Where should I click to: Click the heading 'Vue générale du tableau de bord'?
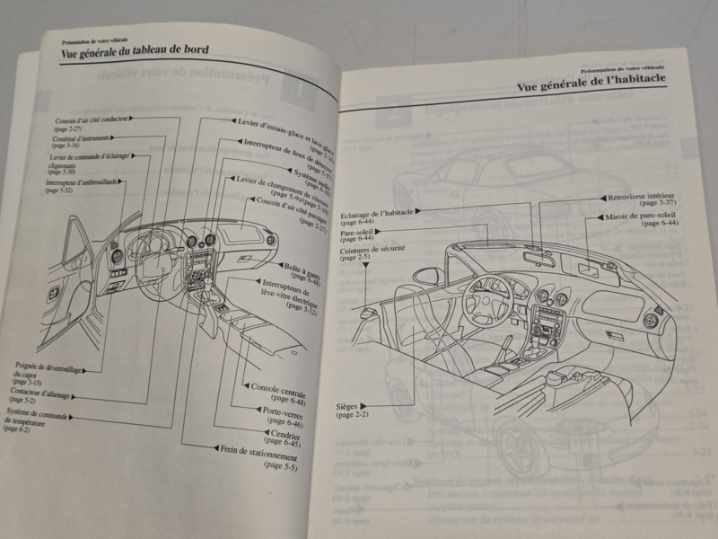(x=135, y=53)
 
